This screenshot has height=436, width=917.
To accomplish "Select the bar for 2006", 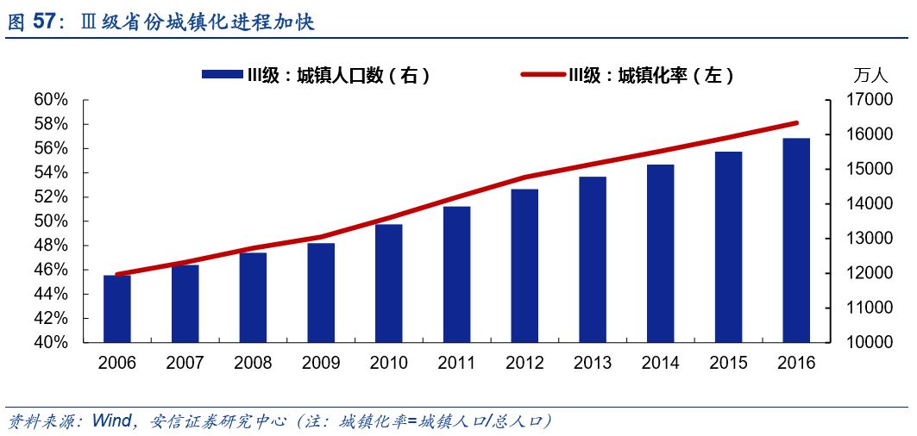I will point(117,308).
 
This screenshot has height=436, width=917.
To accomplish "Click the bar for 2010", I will point(388,283).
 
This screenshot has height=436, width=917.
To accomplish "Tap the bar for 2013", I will point(593,259).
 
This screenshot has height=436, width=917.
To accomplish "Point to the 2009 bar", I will point(321,292).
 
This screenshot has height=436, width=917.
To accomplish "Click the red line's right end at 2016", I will point(795,123).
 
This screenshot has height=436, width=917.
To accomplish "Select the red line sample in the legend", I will point(543,75).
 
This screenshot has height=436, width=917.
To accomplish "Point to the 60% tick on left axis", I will point(51,100).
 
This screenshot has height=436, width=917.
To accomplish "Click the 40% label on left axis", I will point(51,342).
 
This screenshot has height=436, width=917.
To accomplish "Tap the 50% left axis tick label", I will point(51,221).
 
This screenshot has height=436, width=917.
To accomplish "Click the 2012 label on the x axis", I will point(524,363).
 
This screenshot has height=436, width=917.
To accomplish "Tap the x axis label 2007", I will point(185,363).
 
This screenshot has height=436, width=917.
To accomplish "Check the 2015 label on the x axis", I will point(728,363).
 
